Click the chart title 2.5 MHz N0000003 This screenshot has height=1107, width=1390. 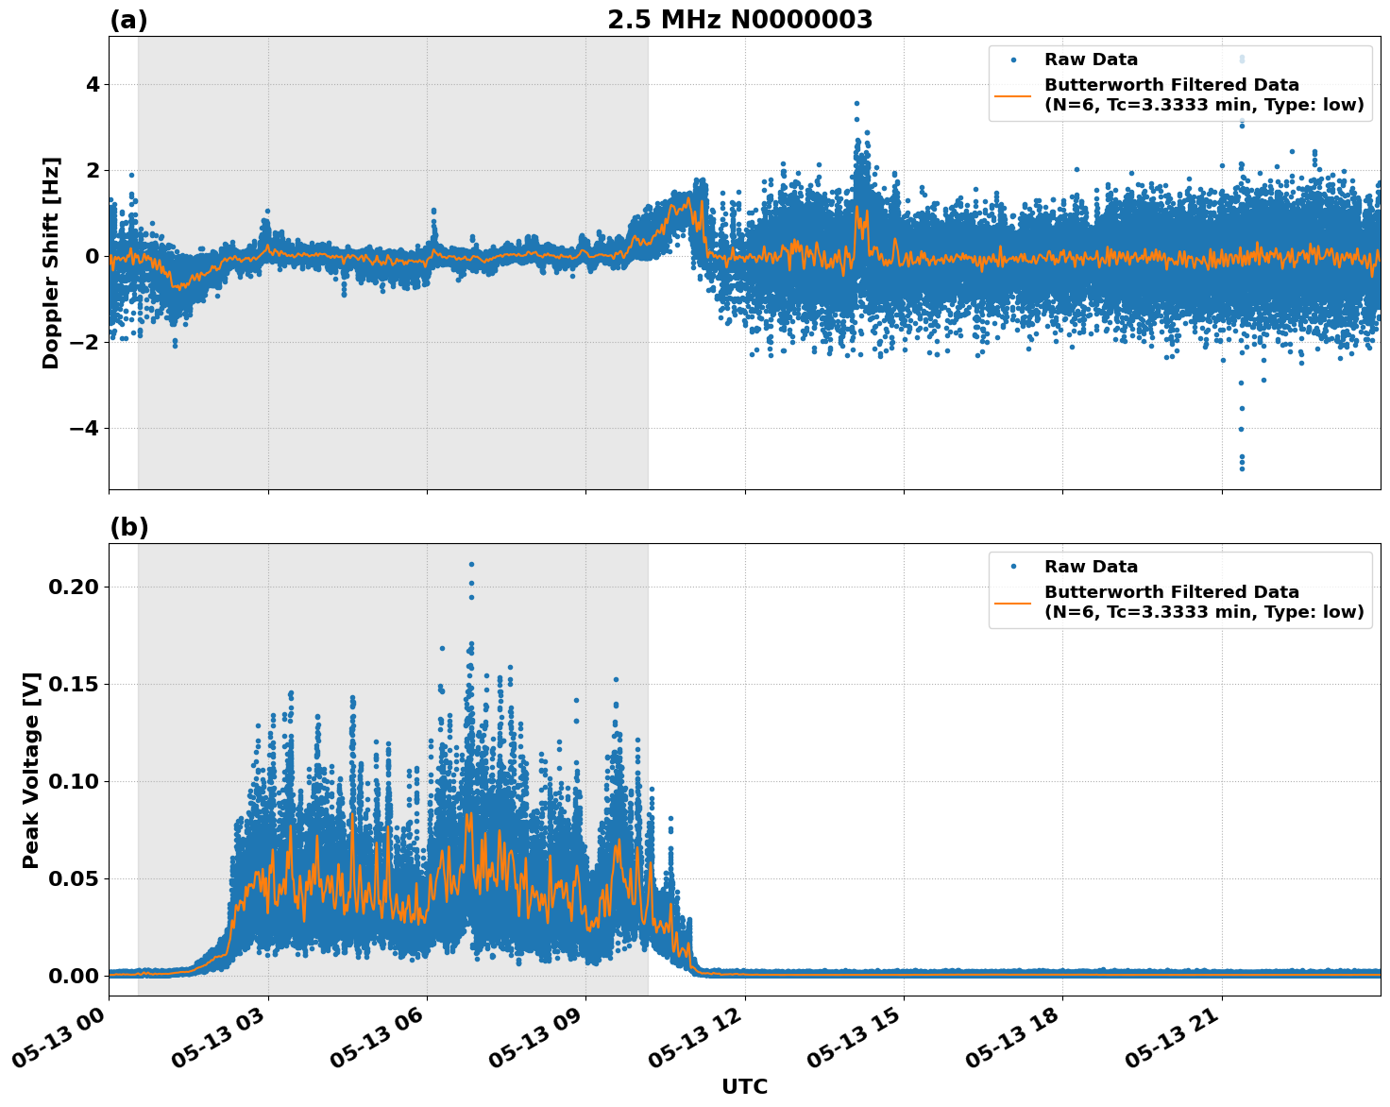click(x=739, y=20)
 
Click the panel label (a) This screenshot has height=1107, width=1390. click(x=128, y=20)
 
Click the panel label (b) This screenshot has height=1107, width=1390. click(x=128, y=527)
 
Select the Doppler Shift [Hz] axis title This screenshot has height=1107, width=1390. click(x=51, y=263)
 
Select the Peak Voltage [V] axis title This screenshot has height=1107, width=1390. click(x=31, y=770)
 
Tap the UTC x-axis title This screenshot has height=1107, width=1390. click(x=744, y=1086)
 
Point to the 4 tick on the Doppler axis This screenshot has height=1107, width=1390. click(x=93, y=85)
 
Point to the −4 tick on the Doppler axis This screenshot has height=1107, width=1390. click(x=85, y=429)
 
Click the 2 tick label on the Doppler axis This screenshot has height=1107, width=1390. click(x=93, y=171)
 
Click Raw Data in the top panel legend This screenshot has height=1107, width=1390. click(x=1091, y=60)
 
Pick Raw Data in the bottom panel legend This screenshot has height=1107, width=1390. click(x=1091, y=567)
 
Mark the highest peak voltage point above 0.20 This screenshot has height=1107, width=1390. click(x=471, y=564)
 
